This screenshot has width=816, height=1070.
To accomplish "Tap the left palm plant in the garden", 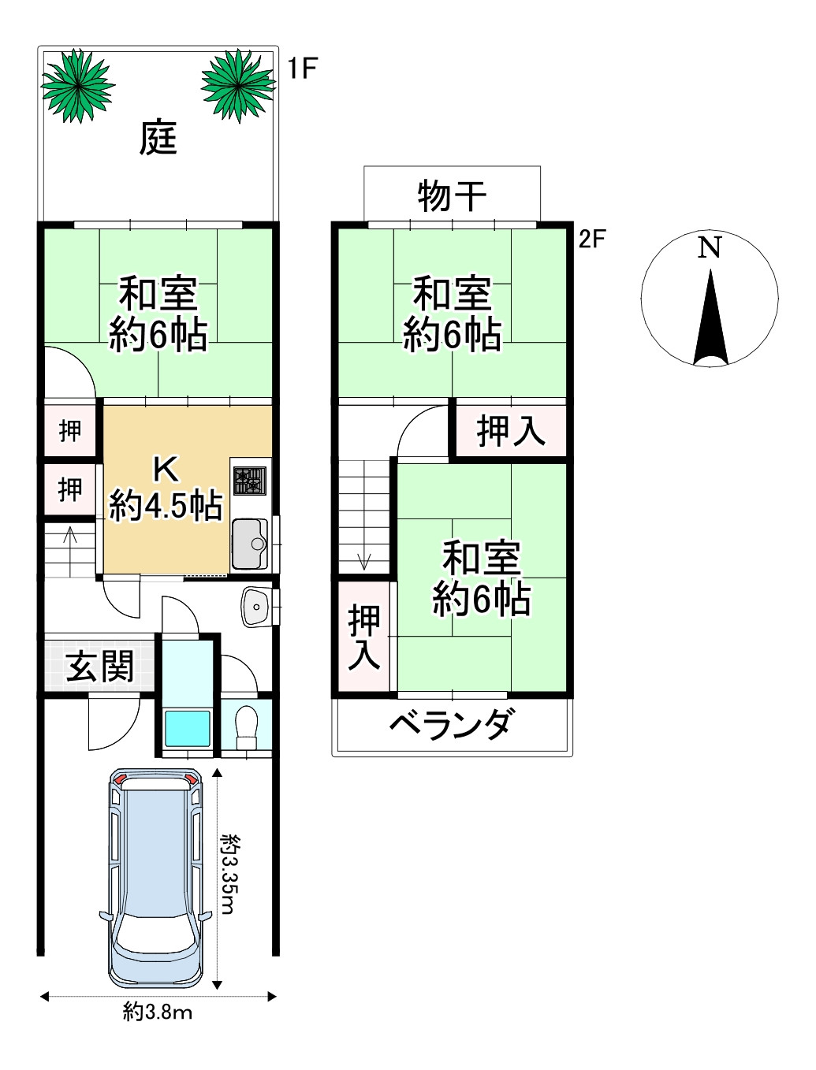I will point(77,85).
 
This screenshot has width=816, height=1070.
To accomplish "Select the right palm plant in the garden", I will point(237,84).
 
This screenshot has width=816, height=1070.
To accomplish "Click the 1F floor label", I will point(301,69).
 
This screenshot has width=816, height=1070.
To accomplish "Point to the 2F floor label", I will point(592,239).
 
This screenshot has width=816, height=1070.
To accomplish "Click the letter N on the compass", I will point(710,247).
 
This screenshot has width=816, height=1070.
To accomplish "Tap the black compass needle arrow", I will point(710,319).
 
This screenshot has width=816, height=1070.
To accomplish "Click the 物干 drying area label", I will point(452,195).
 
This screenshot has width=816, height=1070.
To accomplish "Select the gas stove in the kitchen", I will point(250,481).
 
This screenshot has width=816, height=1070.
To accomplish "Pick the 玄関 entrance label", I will point(100,667).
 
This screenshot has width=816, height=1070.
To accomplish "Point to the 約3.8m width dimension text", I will point(158,1012).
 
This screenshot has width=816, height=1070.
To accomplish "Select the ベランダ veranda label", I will point(453,723).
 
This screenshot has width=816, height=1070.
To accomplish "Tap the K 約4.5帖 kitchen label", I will point(166,489).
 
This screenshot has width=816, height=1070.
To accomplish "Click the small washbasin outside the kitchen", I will point(255,606).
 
